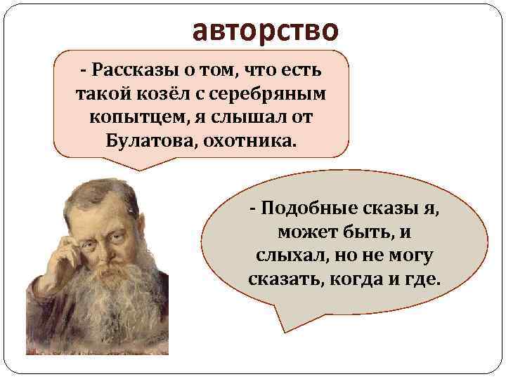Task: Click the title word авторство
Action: point(265,30)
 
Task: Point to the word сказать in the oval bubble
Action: point(280,279)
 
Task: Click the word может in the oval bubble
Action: point(306,232)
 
